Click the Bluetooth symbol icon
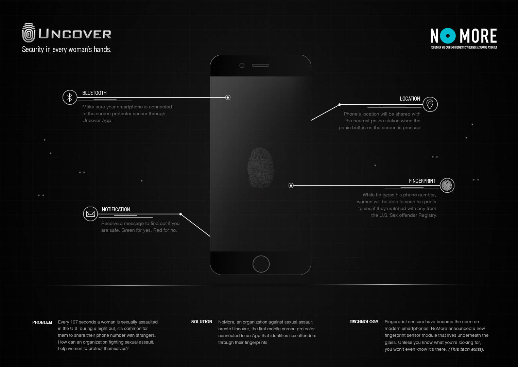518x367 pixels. point(70,97)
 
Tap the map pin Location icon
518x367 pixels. point(430,104)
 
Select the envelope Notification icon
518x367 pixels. point(90,214)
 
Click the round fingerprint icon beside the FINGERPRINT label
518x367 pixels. point(447,185)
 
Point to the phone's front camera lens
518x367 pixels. point(242,66)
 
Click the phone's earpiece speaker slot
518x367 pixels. point(260,66)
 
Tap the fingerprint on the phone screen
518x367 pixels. point(261,168)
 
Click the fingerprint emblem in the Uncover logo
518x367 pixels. point(29,33)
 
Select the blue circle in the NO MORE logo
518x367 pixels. point(448,36)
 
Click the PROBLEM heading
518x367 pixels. point(42,322)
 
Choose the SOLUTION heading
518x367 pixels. point(202,322)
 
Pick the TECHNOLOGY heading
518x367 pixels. point(364,322)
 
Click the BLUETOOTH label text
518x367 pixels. point(94,93)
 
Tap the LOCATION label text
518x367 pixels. point(410,99)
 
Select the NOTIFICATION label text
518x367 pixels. point(116,210)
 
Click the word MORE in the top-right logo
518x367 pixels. point(478,36)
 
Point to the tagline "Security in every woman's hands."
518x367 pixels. point(67,49)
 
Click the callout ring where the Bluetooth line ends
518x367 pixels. point(228,98)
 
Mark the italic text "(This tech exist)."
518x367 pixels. point(466,349)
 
